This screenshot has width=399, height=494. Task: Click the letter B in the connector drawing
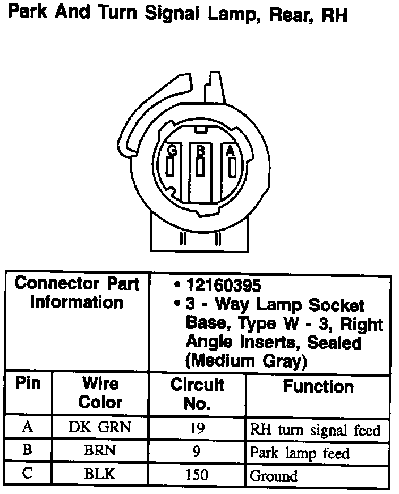[200, 150]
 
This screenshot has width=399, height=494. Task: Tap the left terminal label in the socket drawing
[171, 150]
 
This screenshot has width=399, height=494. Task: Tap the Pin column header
[28, 383]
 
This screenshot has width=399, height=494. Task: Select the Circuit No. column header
[197, 394]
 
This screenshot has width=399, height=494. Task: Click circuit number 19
[197, 428]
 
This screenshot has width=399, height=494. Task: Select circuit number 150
[197, 475]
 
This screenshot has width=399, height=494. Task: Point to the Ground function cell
[274, 475]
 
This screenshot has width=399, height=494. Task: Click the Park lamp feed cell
[299, 453]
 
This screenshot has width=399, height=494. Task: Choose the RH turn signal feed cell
[315, 429]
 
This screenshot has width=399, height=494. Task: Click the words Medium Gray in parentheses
[246, 360]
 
